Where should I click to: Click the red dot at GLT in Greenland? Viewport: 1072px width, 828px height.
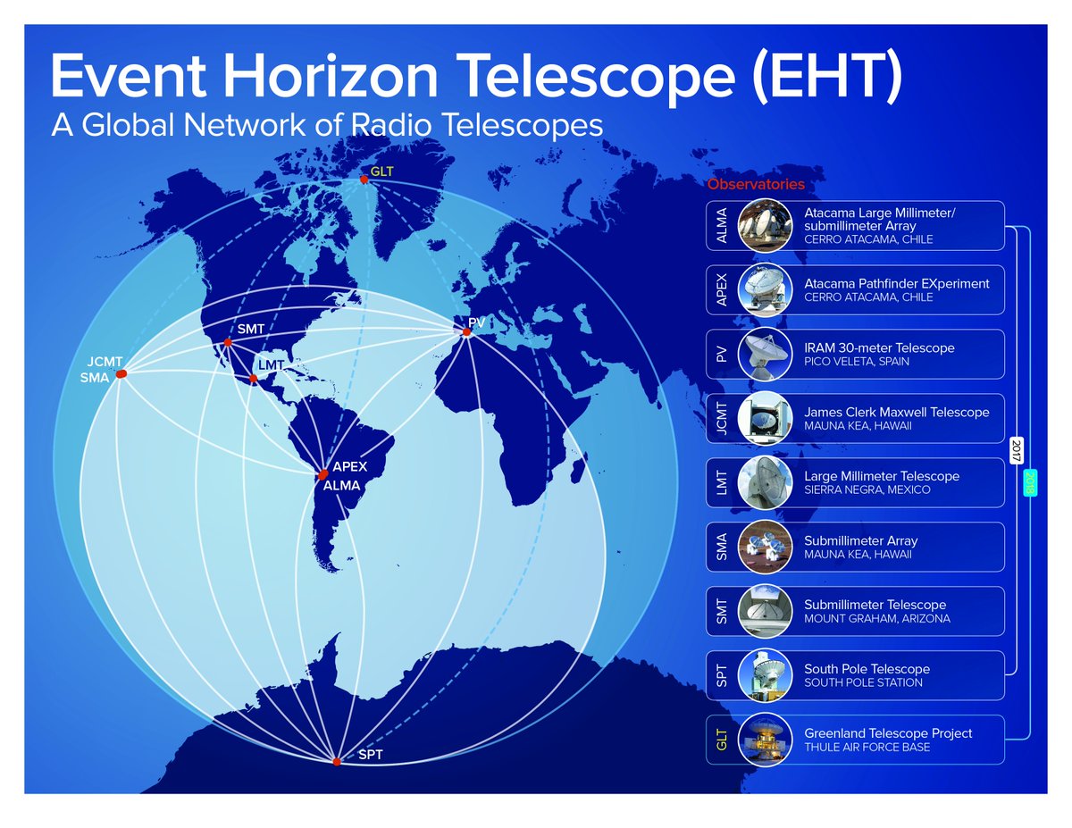(x=364, y=180)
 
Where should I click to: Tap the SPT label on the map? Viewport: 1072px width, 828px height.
(x=371, y=755)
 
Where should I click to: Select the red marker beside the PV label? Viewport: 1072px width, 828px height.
(x=466, y=332)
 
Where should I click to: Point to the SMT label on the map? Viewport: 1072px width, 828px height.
(x=251, y=329)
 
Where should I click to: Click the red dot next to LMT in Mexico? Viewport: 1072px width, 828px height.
(x=254, y=379)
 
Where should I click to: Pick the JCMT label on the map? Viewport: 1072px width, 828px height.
(x=105, y=362)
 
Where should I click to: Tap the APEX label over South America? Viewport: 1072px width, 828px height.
(x=350, y=466)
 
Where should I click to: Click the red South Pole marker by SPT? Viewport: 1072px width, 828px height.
(x=337, y=762)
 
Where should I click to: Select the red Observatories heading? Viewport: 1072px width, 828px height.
(x=756, y=184)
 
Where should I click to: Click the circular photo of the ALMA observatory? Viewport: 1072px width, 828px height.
(x=765, y=225)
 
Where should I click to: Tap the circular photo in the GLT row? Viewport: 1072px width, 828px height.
(x=765, y=740)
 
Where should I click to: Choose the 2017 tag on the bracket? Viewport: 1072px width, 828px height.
(x=1017, y=450)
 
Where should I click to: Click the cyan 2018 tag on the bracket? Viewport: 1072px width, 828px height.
(x=1030, y=483)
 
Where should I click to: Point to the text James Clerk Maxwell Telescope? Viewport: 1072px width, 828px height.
(x=896, y=413)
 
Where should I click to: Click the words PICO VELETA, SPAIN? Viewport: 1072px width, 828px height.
(x=857, y=362)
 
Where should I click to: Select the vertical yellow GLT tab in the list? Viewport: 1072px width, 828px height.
(x=721, y=740)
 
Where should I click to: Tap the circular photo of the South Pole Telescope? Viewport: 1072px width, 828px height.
(x=765, y=675)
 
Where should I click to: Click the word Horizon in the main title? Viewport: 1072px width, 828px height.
(x=330, y=77)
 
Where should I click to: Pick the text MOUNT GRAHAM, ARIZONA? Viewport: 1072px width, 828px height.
(x=877, y=618)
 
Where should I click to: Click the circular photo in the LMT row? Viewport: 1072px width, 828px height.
(x=765, y=482)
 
